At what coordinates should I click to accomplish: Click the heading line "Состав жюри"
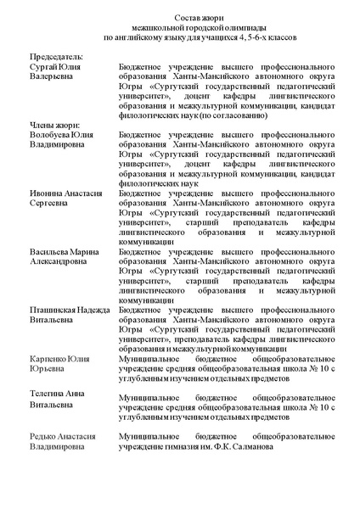coord(179,18)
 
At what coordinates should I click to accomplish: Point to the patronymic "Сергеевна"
coord(50,204)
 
